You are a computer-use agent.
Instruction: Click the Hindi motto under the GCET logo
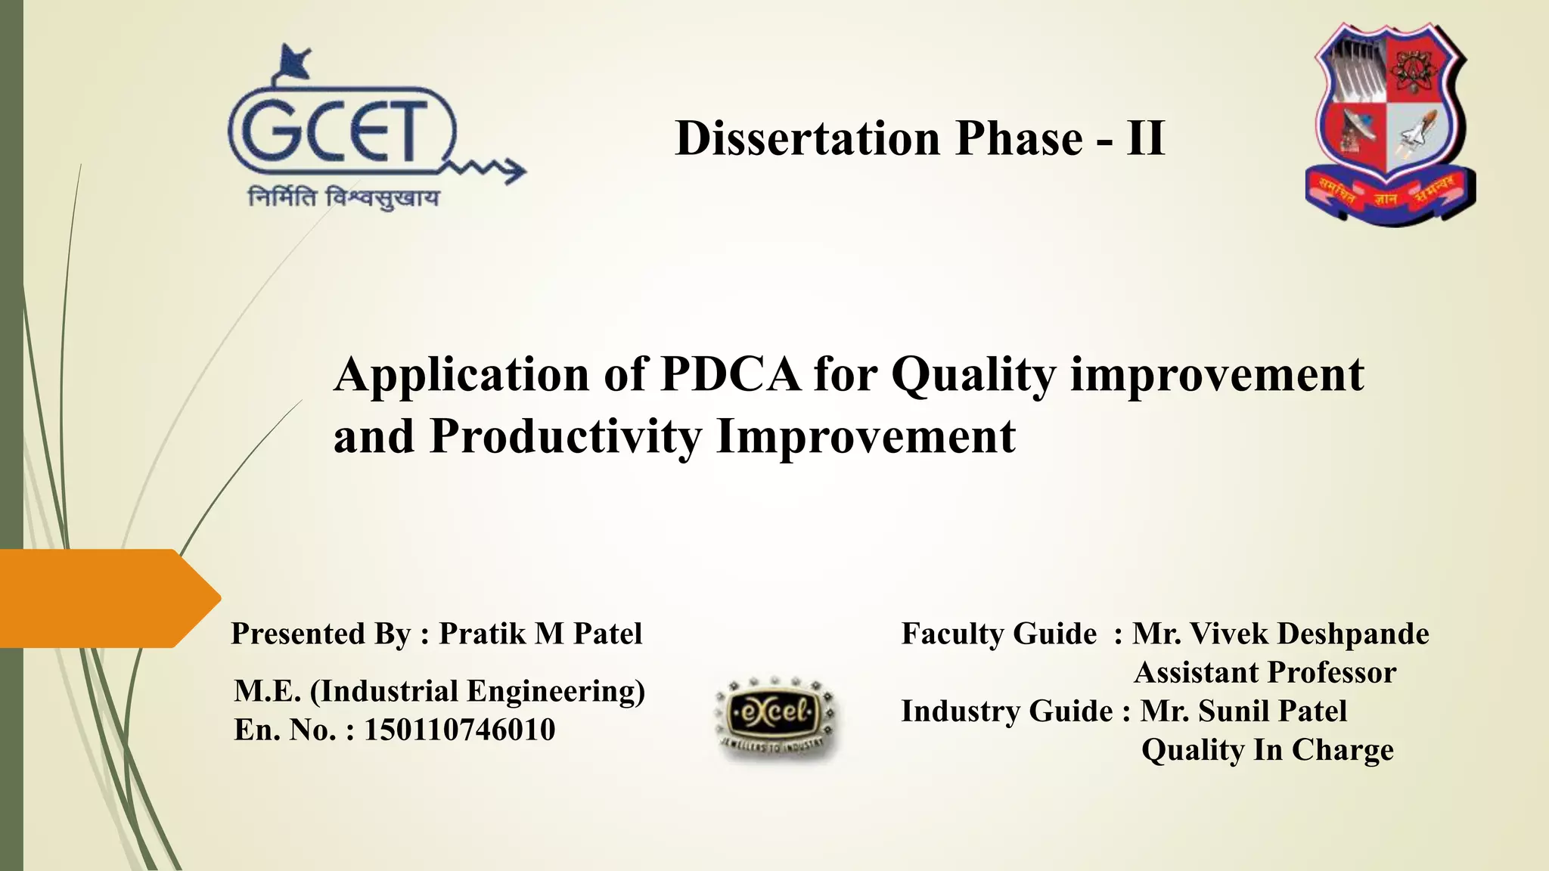click(x=344, y=198)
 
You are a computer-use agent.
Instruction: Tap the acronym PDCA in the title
click(x=730, y=374)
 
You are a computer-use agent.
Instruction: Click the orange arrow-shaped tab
click(x=106, y=598)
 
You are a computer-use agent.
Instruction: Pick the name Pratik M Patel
click(x=540, y=634)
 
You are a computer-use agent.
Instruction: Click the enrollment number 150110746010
click(x=460, y=730)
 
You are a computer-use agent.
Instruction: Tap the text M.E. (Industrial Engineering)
click(x=439, y=691)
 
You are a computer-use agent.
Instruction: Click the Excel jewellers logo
click(x=775, y=716)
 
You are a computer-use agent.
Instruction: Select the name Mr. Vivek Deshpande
click(x=1280, y=634)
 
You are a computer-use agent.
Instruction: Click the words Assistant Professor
click(x=1265, y=672)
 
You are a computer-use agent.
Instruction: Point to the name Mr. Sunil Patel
click(x=1243, y=711)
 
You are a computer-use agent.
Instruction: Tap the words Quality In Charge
click(x=1267, y=749)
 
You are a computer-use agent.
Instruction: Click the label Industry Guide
click(x=1007, y=711)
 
